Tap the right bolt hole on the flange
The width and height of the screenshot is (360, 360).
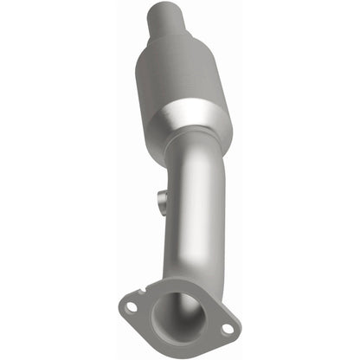(x=226, y=329)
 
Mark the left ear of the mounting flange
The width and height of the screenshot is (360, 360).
(x=127, y=306)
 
